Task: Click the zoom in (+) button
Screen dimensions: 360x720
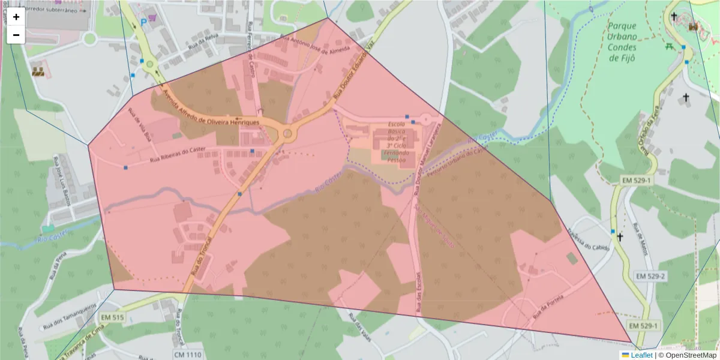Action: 16,17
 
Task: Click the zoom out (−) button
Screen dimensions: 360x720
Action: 16,35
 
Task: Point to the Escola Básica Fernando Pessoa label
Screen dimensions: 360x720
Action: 396,141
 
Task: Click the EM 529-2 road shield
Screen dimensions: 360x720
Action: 650,276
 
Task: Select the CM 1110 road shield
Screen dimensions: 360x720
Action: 187,355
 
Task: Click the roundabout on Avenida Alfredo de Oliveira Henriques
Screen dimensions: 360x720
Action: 287,133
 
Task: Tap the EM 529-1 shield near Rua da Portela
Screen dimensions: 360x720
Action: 644,326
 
